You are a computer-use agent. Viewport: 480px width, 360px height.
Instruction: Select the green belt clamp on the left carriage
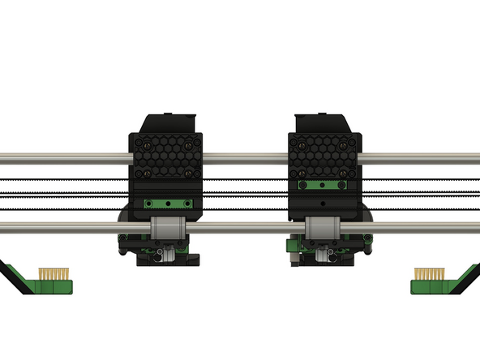click(x=165, y=204)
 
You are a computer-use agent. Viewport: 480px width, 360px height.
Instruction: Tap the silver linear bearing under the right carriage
click(x=323, y=229)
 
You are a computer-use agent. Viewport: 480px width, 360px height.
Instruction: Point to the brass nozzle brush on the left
click(x=54, y=275)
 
